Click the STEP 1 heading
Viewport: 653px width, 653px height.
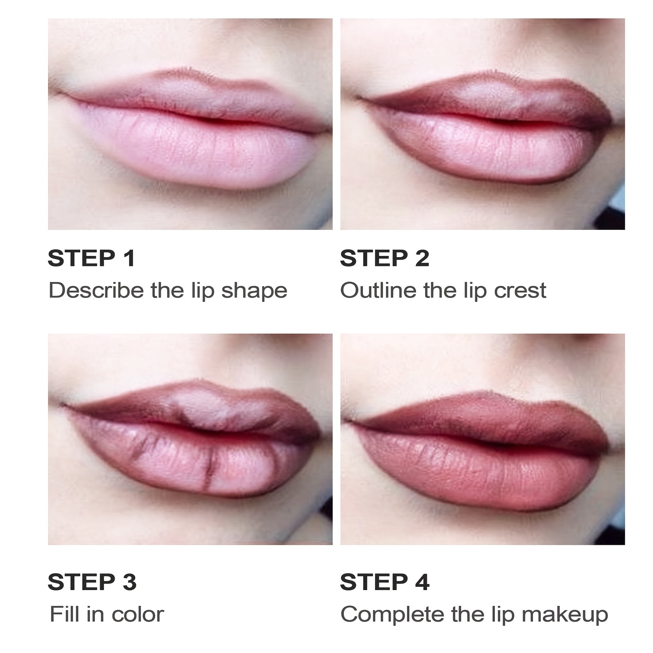(x=91, y=258)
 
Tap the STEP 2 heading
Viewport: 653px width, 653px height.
(x=384, y=258)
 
